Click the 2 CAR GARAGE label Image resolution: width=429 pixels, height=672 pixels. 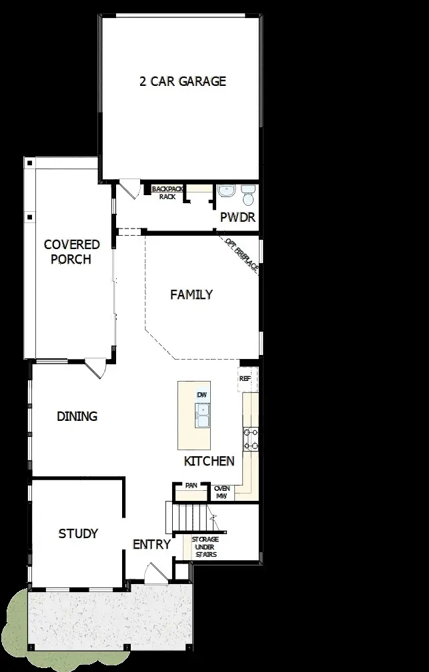[182, 82]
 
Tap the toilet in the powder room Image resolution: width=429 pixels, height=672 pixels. [248, 195]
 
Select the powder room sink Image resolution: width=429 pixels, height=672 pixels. [226, 191]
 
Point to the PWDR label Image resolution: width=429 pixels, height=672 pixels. [238, 218]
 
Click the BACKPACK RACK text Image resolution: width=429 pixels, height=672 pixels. [167, 193]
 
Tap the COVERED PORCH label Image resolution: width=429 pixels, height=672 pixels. [71, 252]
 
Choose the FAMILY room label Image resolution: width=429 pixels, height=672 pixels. [191, 294]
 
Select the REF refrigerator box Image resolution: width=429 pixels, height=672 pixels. [244, 378]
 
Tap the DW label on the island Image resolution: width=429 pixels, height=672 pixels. [202, 395]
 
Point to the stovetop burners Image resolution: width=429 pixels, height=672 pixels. [252, 438]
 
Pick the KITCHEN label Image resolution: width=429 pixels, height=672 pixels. [209, 461]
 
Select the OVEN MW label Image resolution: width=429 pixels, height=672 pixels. [222, 492]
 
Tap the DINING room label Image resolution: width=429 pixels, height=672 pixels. [77, 416]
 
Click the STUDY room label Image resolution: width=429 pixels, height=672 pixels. [78, 533]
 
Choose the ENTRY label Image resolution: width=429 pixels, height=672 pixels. [151, 544]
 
